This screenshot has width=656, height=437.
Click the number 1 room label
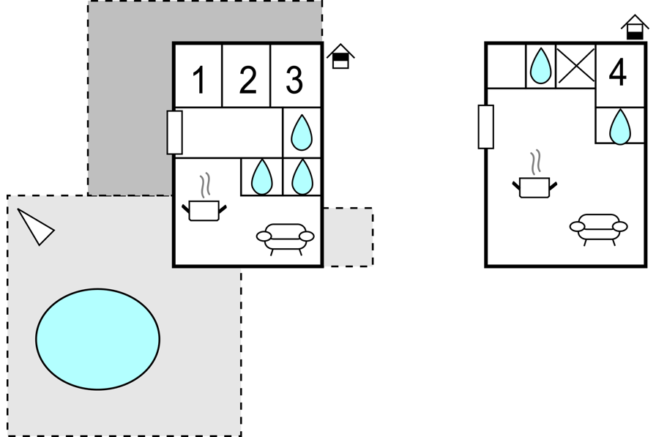(x=200, y=80)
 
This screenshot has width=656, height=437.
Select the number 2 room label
(x=247, y=80)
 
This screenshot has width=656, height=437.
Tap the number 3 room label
(x=294, y=80)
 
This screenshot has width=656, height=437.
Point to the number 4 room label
(x=617, y=72)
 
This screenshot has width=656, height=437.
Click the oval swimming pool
(x=97, y=339)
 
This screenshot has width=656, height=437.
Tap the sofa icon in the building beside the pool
(x=286, y=239)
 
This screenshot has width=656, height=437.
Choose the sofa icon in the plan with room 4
(x=599, y=229)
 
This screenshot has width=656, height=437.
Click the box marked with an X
(x=575, y=66)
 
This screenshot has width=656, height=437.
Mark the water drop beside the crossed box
(x=540, y=66)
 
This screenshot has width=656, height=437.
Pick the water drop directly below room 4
(x=619, y=127)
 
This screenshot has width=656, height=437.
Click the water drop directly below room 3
(x=301, y=132)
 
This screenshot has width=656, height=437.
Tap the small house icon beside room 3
(x=340, y=56)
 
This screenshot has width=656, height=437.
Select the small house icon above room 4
(x=635, y=27)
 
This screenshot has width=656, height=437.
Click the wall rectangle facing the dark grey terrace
(x=174, y=132)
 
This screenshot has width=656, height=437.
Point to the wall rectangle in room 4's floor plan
(x=485, y=127)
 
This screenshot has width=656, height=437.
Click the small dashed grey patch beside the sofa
(x=348, y=236)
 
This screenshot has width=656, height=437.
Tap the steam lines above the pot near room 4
(x=535, y=163)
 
